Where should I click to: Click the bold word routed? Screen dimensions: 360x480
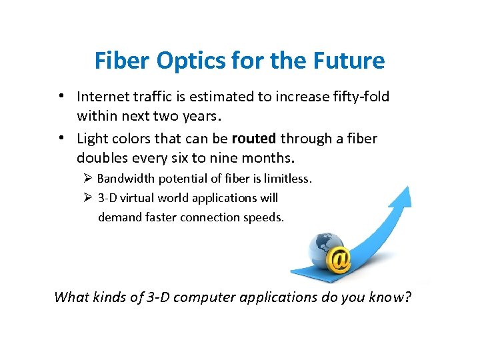(253, 139)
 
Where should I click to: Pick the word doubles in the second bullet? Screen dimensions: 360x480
(99, 158)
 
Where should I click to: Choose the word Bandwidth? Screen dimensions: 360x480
(123, 179)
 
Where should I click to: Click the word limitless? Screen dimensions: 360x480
(288, 179)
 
